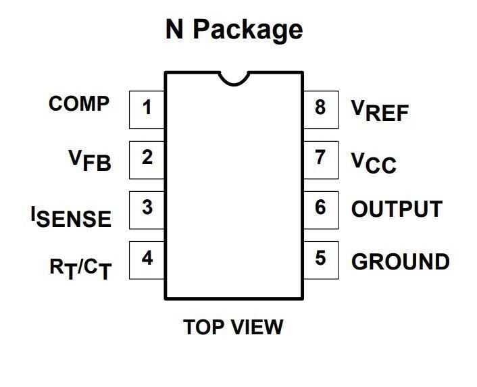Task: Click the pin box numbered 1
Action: pyautogui.click(x=147, y=109)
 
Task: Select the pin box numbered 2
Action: pyautogui.click(x=147, y=159)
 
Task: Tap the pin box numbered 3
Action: pyautogui.click(x=147, y=209)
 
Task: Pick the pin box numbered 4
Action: pyautogui.click(x=147, y=259)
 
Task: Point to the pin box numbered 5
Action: pyautogui.click(x=320, y=259)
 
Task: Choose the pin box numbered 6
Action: pyautogui.click(x=320, y=209)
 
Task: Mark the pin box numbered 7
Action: pyautogui.click(x=320, y=159)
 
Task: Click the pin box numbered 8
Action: pyautogui.click(x=320, y=109)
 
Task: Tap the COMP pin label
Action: pyautogui.click(x=79, y=104)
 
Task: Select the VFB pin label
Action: pyautogui.click(x=90, y=159)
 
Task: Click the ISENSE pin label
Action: pyautogui.click(x=71, y=215)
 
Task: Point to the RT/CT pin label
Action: pyautogui.click(x=80, y=267)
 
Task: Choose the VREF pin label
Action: pyautogui.click(x=380, y=109)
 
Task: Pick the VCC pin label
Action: pyautogui.click(x=374, y=162)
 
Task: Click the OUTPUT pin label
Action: pyautogui.click(x=397, y=209)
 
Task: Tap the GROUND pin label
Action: pyautogui.click(x=400, y=261)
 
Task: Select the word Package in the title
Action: pyautogui.click(x=249, y=30)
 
